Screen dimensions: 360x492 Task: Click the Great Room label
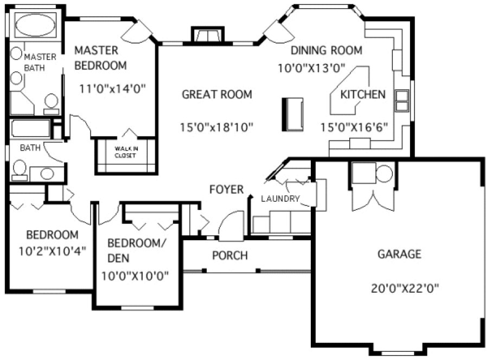tap(216, 95)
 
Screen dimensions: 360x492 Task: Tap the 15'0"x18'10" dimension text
tap(216, 127)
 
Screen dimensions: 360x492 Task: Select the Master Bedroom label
tap(100, 58)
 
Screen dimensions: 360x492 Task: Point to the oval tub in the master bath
tap(34, 25)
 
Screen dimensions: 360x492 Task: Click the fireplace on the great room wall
tap(207, 35)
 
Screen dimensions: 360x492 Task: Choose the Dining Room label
tap(326, 50)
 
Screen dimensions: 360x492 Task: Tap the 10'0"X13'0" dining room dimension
tap(319, 68)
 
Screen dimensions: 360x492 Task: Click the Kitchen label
tap(362, 95)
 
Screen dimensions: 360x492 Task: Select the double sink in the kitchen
tap(402, 100)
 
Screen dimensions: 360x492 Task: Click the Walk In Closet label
tap(125, 152)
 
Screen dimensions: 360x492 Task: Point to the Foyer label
tap(226, 189)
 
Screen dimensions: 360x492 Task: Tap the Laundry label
tap(280, 198)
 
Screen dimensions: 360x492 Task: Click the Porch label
tap(229, 255)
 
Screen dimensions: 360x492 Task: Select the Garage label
tap(399, 254)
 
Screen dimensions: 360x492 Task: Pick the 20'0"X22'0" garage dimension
tap(405, 288)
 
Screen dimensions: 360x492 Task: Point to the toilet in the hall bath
tap(20, 169)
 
